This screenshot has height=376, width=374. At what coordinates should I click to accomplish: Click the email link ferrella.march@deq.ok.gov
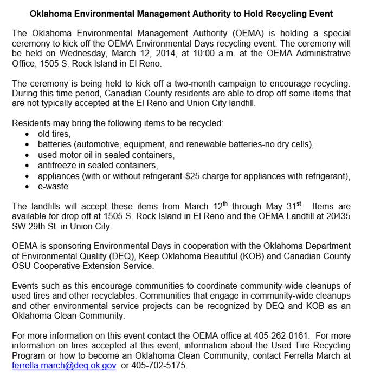click(64, 366)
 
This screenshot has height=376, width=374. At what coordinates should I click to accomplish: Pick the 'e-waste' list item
click(53, 186)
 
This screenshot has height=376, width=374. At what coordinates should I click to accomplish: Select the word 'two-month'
click(201, 83)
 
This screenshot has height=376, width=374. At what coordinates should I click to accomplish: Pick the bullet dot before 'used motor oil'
click(28, 156)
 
